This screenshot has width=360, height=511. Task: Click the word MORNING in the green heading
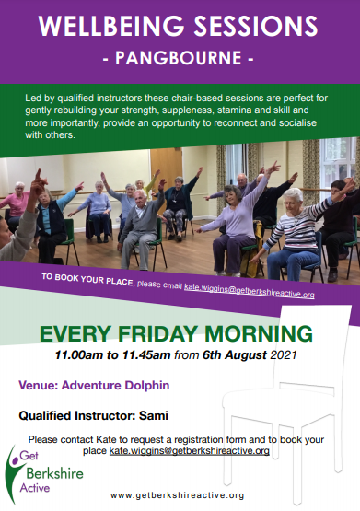[259, 333]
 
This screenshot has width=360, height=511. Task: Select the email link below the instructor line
[189, 450]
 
